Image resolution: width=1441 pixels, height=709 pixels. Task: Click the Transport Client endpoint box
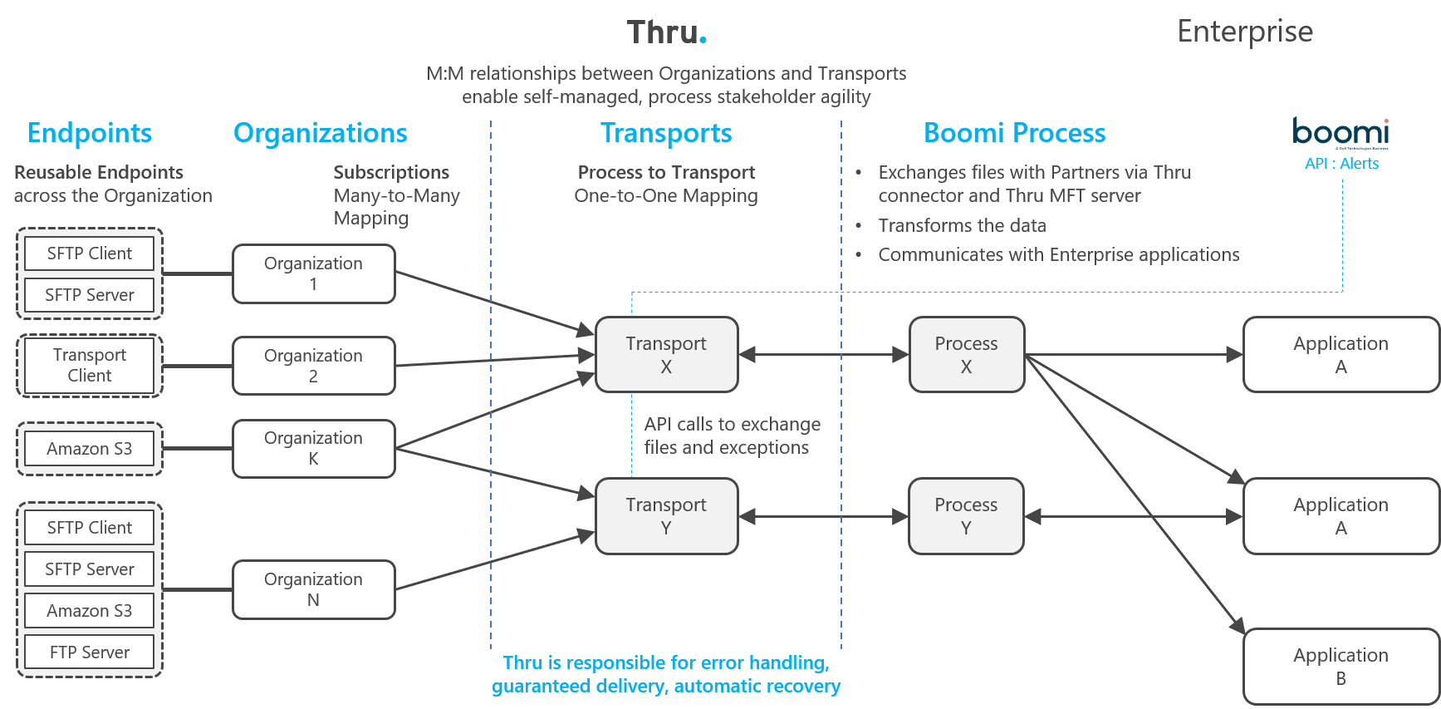point(90,366)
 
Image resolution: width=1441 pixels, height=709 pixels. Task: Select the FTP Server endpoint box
point(90,652)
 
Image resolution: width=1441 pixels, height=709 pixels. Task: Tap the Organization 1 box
point(313,273)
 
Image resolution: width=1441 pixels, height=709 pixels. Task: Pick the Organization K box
point(313,448)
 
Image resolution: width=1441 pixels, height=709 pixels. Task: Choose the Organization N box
point(313,589)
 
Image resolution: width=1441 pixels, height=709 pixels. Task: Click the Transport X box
point(666,355)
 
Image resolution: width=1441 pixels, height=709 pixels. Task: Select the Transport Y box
point(666,516)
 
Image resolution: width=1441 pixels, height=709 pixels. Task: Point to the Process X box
point(966,355)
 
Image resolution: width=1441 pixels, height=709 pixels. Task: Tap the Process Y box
point(966,516)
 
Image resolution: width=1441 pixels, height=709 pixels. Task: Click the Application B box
point(1341,667)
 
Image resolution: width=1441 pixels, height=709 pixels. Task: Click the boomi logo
point(1341,132)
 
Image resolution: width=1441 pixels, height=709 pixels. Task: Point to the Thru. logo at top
point(666,32)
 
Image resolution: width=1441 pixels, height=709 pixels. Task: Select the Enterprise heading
point(1245,32)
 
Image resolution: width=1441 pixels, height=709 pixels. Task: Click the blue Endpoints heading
point(90,133)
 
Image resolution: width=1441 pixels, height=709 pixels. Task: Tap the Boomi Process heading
point(1014,133)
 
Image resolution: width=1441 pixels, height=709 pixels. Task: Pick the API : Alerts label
point(1341,164)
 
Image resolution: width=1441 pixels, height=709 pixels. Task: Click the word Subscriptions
point(391,172)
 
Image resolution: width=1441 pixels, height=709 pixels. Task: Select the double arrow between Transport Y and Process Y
point(823,517)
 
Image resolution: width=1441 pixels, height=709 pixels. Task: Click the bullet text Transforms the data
point(962,225)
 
